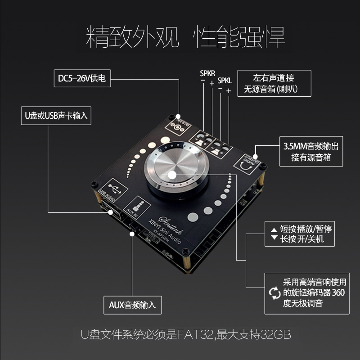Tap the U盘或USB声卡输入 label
tap(56, 116)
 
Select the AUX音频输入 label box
tap(132, 305)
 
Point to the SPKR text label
tap(207, 72)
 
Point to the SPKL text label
tap(225, 81)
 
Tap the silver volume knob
tap(173, 173)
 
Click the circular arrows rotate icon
tap(274, 293)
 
